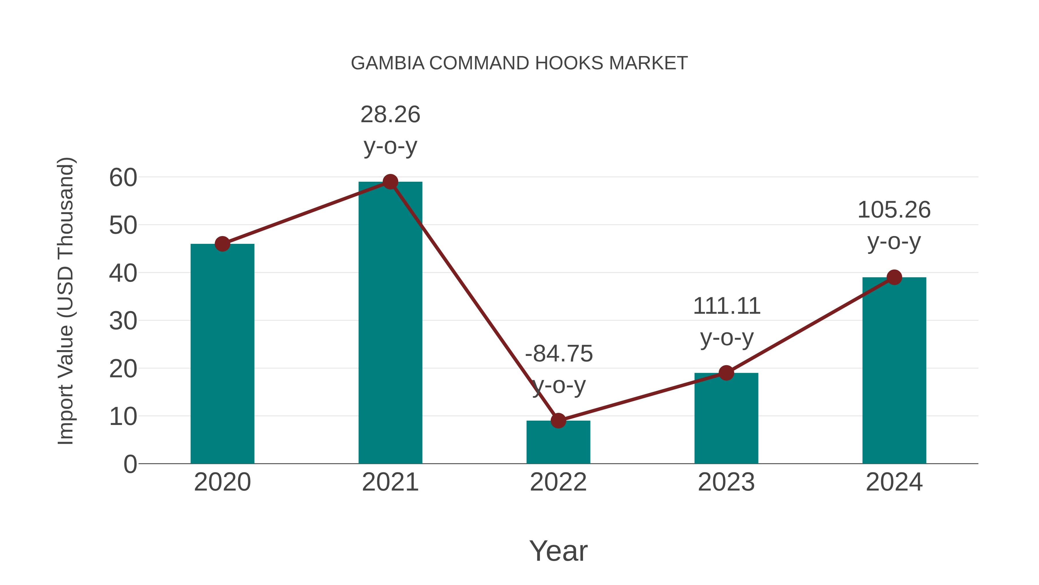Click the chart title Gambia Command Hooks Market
(x=519, y=63)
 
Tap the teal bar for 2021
(x=390, y=323)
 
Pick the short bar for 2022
(x=558, y=444)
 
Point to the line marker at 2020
(x=222, y=244)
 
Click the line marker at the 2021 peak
(x=390, y=182)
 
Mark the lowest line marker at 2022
(x=558, y=421)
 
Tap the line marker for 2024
(x=894, y=277)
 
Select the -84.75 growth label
(x=559, y=354)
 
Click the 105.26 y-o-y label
(x=894, y=210)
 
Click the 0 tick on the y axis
(x=130, y=464)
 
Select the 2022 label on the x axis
(x=558, y=482)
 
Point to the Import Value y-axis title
(x=65, y=301)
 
